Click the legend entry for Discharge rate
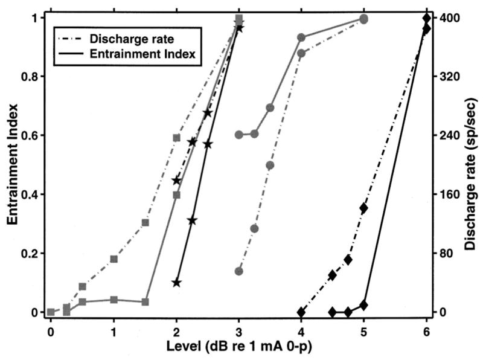point(132,39)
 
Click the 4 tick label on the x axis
point(301,332)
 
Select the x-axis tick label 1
point(114,332)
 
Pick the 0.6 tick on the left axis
point(30,135)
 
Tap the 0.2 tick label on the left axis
point(30,253)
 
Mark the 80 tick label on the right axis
point(446,253)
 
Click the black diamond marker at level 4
point(301,312)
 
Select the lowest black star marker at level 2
point(176,283)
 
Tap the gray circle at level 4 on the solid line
point(301,37)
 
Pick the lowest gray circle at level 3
point(239,271)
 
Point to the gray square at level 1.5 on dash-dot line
point(145,223)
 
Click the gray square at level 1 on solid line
point(114,300)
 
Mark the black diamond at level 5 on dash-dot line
point(363,208)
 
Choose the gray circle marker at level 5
point(363,19)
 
